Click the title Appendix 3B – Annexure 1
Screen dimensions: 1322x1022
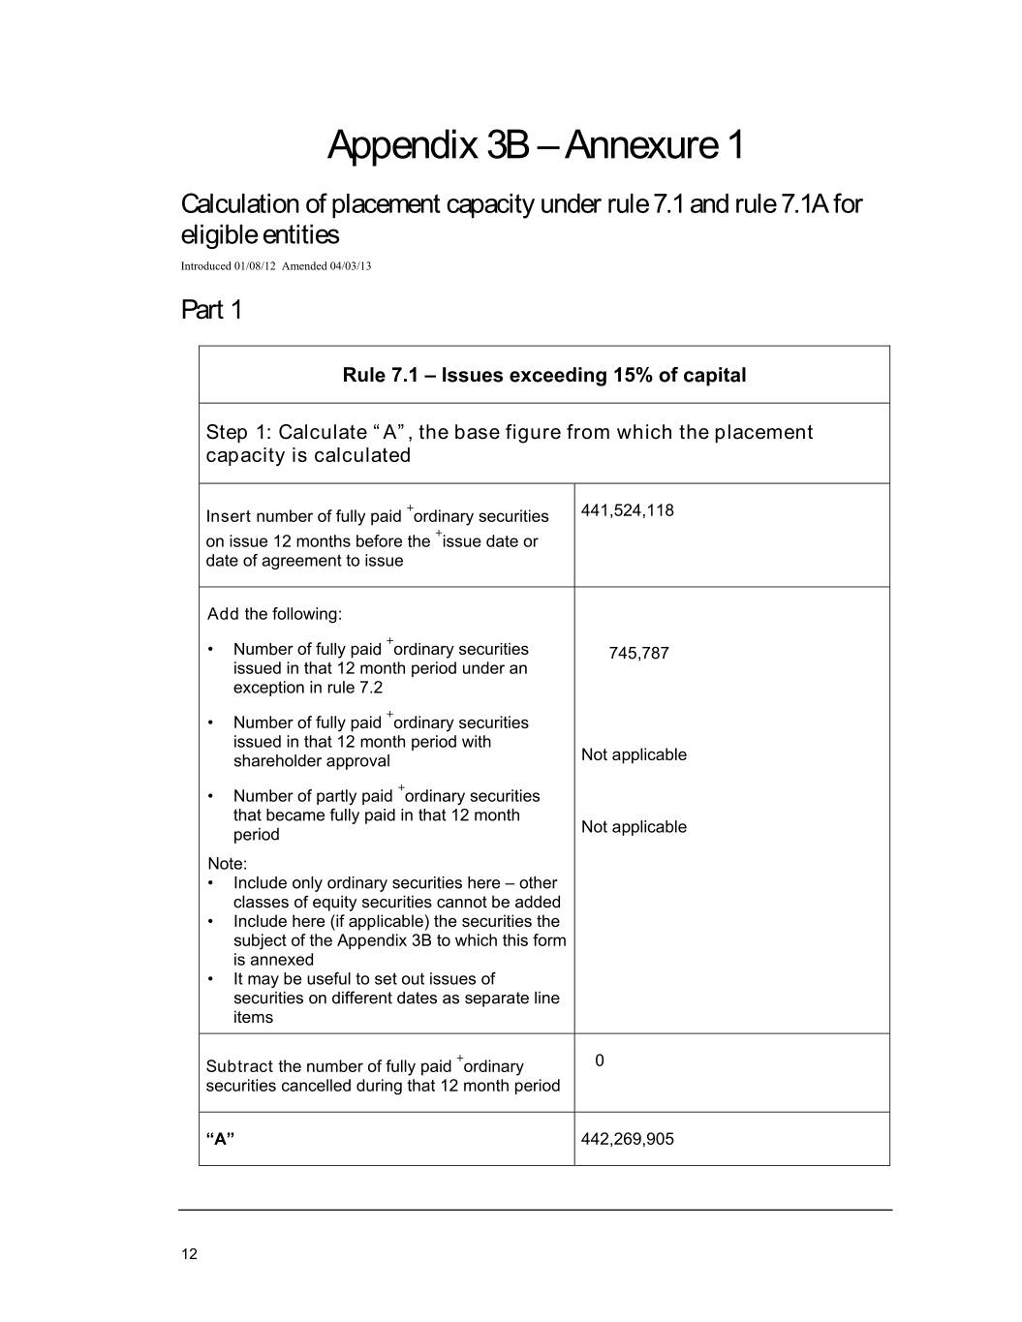pyautogui.click(x=536, y=145)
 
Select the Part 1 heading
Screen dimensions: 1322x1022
pyautogui.click(x=211, y=310)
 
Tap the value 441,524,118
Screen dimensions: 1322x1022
pyautogui.click(x=627, y=510)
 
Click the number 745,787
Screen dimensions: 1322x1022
pyautogui.click(x=638, y=653)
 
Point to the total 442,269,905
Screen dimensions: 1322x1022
pyautogui.click(x=627, y=1139)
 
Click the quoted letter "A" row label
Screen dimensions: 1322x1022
pyautogui.click(x=220, y=1139)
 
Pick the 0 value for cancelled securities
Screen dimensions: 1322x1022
pyautogui.click(x=600, y=1061)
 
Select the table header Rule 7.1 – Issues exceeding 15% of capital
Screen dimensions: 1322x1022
pyautogui.click(x=543, y=375)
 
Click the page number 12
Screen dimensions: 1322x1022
pyautogui.click(x=189, y=1254)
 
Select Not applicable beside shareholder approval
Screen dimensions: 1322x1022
pyautogui.click(x=634, y=754)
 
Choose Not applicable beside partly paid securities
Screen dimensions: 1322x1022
pyautogui.click(x=634, y=827)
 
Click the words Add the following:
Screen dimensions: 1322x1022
pyautogui.click(x=274, y=614)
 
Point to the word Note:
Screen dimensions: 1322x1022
pyautogui.click(x=227, y=864)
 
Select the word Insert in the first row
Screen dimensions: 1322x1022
pyautogui.click(x=229, y=516)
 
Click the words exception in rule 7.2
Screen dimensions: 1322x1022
pyautogui.click(x=307, y=688)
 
